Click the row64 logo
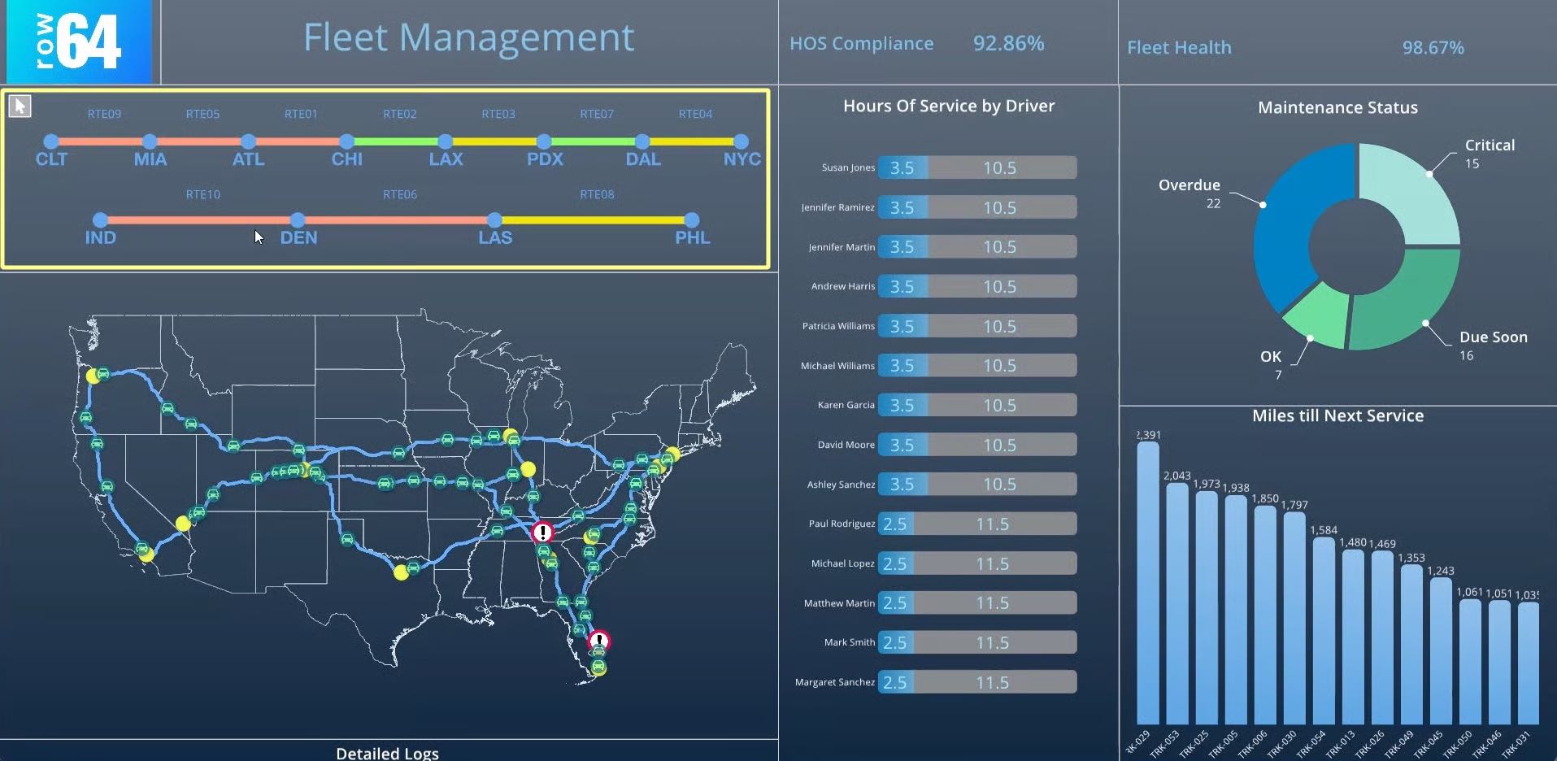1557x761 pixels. [x=78, y=41]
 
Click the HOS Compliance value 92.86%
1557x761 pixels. [x=1008, y=43]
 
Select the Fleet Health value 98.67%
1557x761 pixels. [x=1433, y=48]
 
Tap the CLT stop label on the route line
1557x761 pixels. [x=51, y=159]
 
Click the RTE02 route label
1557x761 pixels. [x=399, y=114]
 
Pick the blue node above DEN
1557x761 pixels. [x=298, y=220]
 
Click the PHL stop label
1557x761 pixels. [x=692, y=237]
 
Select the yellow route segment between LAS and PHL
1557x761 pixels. [x=594, y=220]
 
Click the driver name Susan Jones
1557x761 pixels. [x=848, y=167]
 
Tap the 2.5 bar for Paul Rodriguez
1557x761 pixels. [x=895, y=524]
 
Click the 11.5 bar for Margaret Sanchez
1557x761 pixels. [x=993, y=682]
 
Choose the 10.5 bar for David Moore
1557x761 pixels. [x=1000, y=445]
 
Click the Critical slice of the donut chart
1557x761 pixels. [x=1411, y=192]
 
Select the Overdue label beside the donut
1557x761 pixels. [x=1189, y=185]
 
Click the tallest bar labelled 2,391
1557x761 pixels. [x=1147, y=581]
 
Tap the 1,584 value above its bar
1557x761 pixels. [x=1323, y=530]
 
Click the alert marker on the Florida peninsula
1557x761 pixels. [x=598, y=641]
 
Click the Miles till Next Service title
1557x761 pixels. [x=1337, y=416]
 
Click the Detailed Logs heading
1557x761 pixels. [x=387, y=753]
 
